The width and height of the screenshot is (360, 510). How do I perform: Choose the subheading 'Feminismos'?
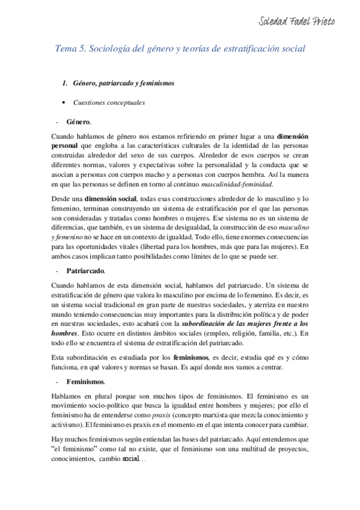click(x=85, y=382)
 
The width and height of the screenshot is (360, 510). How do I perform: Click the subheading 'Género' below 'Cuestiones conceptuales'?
click(x=78, y=121)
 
